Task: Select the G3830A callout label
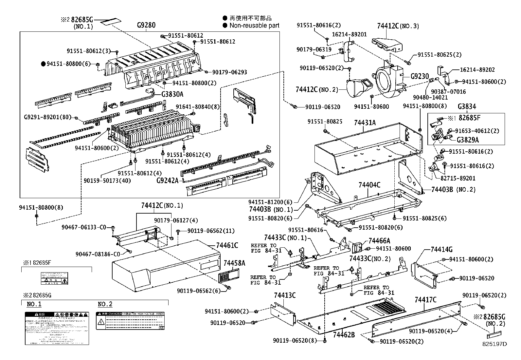(172, 94)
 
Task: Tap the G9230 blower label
(420, 76)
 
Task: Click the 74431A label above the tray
(365, 123)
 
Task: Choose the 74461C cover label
(227, 245)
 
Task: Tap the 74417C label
(425, 300)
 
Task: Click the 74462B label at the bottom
(344, 334)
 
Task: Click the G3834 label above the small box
(467, 106)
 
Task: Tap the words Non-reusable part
(254, 26)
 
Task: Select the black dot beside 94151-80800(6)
(43, 64)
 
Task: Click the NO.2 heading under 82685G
(105, 304)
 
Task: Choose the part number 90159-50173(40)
(107, 180)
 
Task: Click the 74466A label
(379, 241)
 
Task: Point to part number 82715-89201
(457, 178)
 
